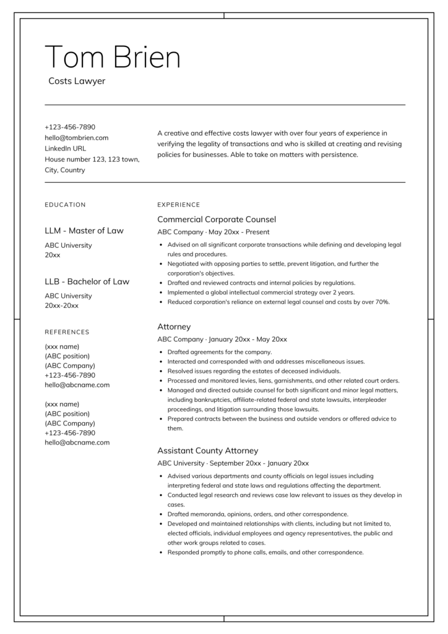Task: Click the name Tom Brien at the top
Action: point(113,58)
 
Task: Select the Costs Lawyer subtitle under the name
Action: point(77,81)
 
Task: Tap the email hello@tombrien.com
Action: point(76,137)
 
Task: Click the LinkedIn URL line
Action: point(65,149)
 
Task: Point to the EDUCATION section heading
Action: point(65,205)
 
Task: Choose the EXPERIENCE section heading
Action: point(179,205)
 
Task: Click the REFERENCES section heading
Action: point(67,332)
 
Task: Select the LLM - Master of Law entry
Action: point(84,231)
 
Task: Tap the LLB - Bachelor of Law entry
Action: point(87,282)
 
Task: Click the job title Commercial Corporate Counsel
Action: point(217,219)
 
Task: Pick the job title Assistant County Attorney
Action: point(207,451)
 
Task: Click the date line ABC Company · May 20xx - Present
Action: point(213,232)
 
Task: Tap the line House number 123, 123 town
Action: point(92,159)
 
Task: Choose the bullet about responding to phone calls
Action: point(265,552)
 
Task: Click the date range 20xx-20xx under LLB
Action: point(61,305)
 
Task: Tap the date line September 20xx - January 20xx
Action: point(261,463)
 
